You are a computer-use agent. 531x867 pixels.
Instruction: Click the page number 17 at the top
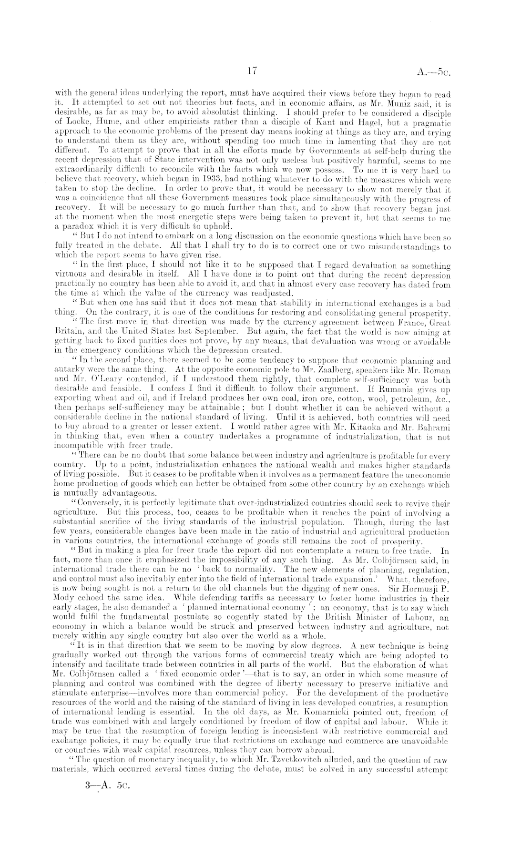pyautogui.click(x=252, y=71)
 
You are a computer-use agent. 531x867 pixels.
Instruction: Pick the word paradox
pyautogui.click(x=71, y=226)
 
